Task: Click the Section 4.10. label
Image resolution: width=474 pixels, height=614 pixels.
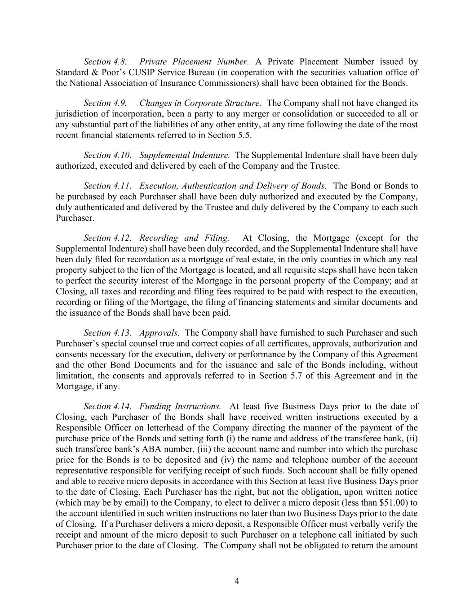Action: [107, 155]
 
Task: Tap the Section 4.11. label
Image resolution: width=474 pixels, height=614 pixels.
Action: [107, 186]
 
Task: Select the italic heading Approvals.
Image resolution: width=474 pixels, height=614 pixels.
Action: [159, 333]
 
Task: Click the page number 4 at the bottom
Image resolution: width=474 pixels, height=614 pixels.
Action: [237, 581]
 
